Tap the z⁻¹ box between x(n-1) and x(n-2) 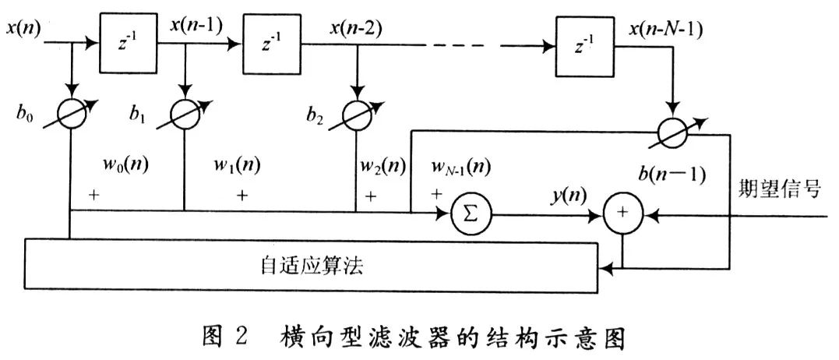(272, 44)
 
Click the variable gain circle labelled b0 (71, 114)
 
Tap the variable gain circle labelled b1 (185, 114)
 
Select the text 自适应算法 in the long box (312, 266)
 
